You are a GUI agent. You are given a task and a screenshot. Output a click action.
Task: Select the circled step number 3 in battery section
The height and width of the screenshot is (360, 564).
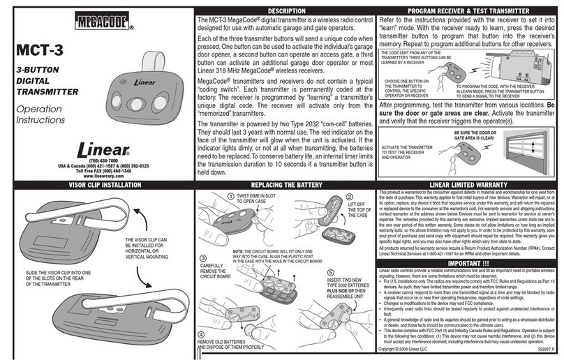click(202, 257)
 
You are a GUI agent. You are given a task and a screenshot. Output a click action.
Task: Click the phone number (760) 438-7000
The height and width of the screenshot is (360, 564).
click(103, 161)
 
